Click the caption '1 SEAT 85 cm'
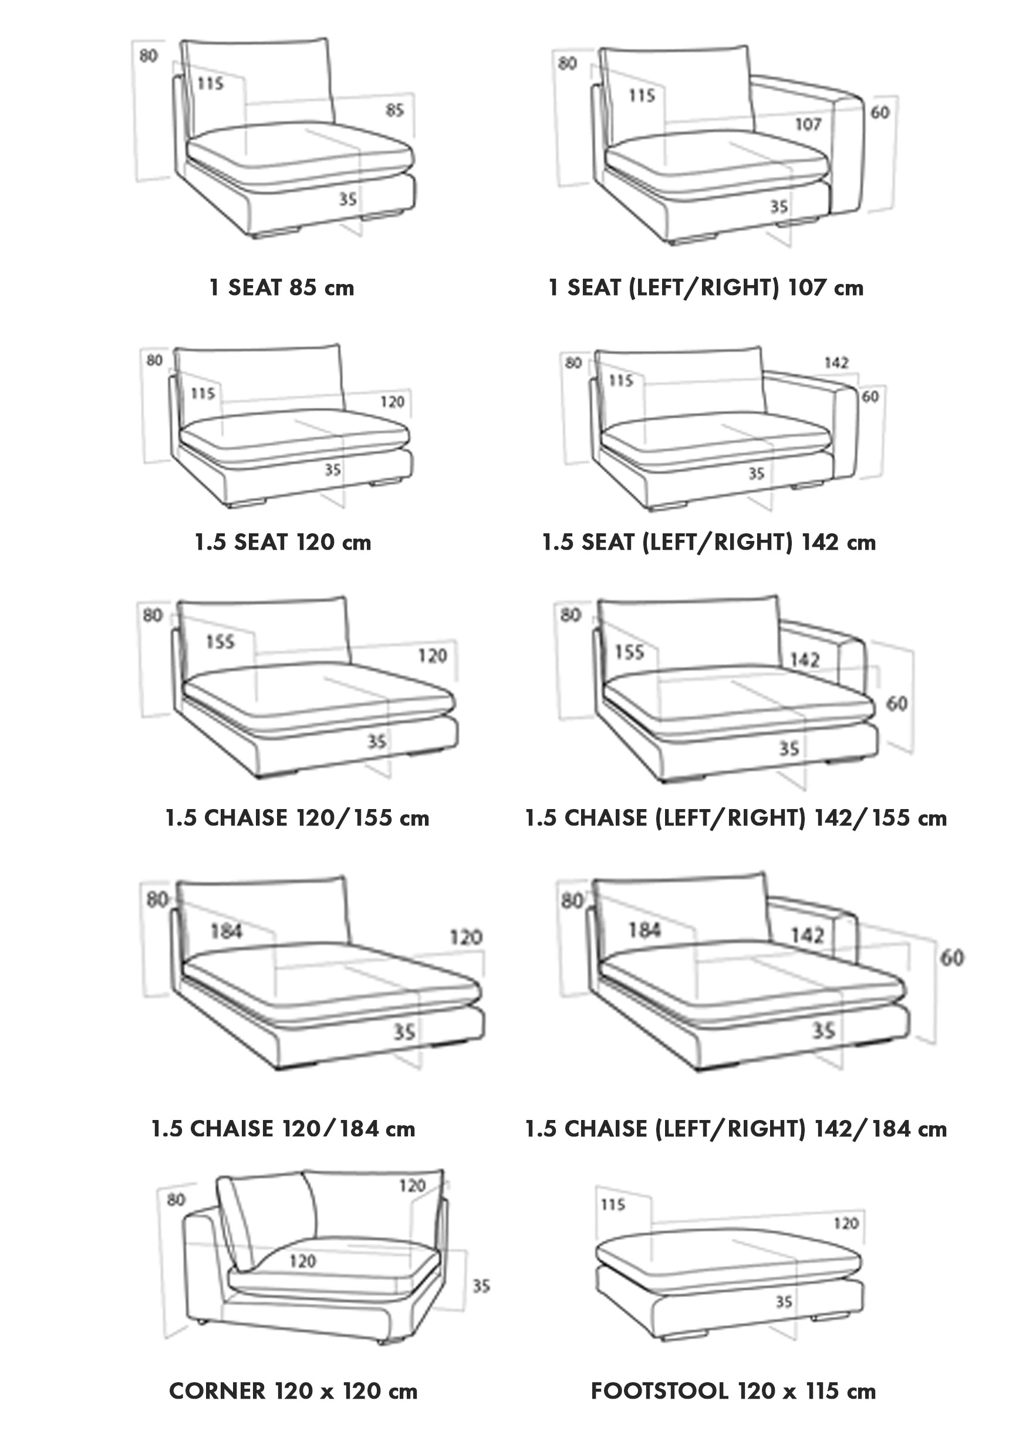(282, 287)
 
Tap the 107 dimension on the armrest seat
(808, 124)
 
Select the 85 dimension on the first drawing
(394, 110)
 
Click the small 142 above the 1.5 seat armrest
(836, 363)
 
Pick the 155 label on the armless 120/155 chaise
(220, 642)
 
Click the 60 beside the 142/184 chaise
(951, 957)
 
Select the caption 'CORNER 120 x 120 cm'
(293, 1391)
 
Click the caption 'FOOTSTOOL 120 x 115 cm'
(733, 1391)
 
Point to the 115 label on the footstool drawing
(613, 1204)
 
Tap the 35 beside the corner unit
(481, 1286)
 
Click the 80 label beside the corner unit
(176, 1199)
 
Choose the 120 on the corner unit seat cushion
(302, 1261)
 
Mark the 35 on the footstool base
(784, 1302)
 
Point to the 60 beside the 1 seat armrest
(879, 113)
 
